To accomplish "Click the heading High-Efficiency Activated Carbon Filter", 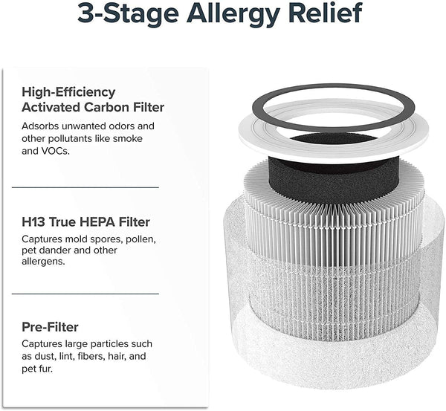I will pos(93,100).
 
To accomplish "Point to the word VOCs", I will pos(57,150).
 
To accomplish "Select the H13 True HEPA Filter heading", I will pos(85,222).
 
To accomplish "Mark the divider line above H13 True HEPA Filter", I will pos(85,187).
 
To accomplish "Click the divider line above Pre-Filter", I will pos(85,293).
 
